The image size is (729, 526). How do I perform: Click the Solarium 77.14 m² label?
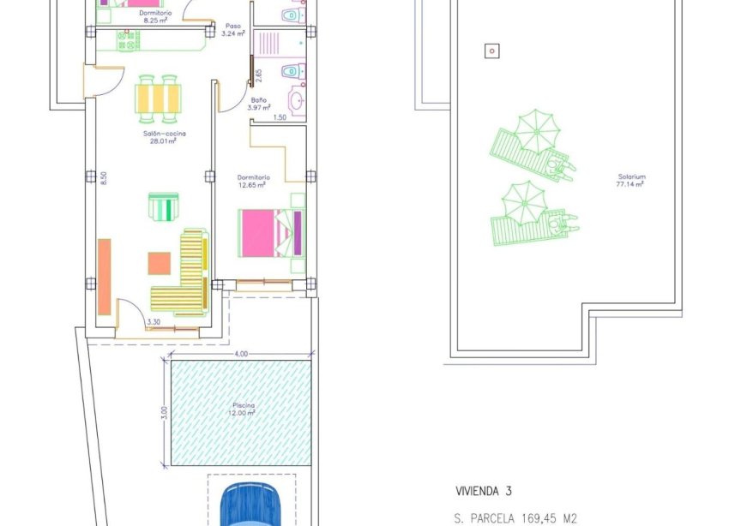coord(630,180)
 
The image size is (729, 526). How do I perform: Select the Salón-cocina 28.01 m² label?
coord(165,137)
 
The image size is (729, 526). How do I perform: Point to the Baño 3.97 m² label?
coord(258,105)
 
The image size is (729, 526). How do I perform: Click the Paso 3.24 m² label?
coord(232,30)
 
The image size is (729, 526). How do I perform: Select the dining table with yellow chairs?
coord(159,97)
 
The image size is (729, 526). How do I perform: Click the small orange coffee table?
coord(159,262)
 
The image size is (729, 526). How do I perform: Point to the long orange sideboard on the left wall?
coord(104,276)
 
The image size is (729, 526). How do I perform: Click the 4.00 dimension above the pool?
coord(240,354)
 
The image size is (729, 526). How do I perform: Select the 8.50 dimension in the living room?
coord(103,177)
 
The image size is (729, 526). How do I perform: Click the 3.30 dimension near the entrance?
coord(154,322)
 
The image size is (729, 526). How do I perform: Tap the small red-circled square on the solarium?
coord(491,51)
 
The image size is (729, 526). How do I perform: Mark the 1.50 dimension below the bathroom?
coord(279,117)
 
